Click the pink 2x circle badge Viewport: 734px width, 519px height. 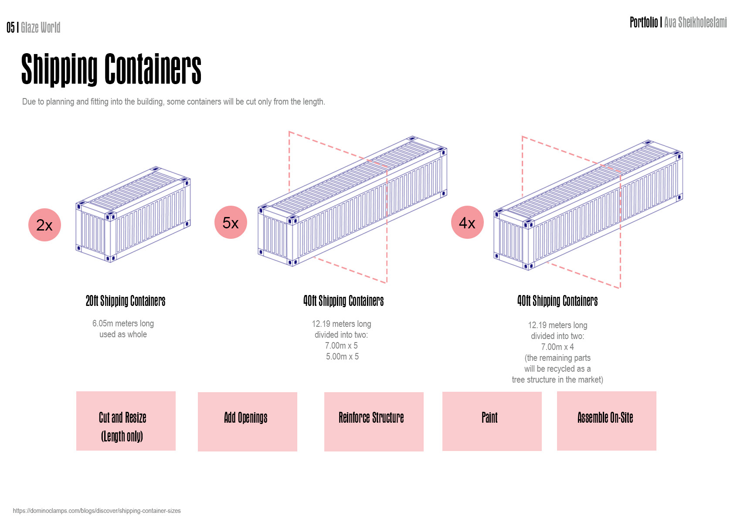point(44,225)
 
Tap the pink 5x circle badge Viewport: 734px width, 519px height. point(231,222)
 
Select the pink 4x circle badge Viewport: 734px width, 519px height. point(467,222)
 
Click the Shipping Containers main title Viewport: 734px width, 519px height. point(111,69)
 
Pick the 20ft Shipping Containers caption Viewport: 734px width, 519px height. point(126,301)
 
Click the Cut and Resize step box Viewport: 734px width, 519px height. point(126,421)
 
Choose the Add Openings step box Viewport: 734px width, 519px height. point(247,421)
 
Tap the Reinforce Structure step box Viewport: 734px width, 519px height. point(374,421)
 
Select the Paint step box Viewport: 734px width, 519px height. point(492,421)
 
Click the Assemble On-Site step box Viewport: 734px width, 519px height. point(606,421)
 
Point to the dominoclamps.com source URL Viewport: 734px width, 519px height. point(97,511)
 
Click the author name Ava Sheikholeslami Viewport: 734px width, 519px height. point(695,22)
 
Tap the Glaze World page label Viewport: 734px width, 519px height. point(41,28)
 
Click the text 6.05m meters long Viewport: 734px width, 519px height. point(123,323)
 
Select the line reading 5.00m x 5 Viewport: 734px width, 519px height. point(342,356)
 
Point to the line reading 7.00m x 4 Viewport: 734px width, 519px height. point(557,347)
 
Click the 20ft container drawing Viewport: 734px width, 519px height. point(133,214)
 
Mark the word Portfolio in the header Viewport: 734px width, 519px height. point(643,22)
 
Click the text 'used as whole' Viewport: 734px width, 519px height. point(123,334)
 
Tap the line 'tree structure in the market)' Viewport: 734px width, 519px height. point(557,380)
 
